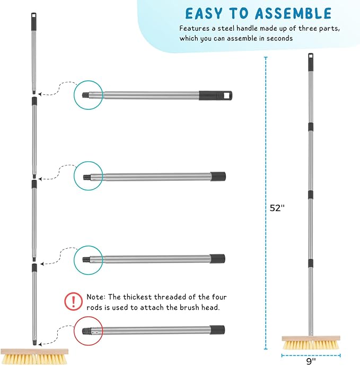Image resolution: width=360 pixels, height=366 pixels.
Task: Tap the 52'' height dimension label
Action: pyautogui.click(x=277, y=208)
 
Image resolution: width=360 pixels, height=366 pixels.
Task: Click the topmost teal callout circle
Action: pyautogui.click(x=87, y=95)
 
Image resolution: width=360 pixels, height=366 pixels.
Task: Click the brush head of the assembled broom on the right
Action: pyautogui.click(x=311, y=341)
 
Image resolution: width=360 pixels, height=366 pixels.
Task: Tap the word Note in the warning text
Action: pyautogui.click(x=95, y=297)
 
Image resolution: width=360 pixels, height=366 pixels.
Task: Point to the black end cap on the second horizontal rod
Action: pyautogui.click(x=218, y=176)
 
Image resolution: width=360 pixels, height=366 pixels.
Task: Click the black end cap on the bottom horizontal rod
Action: pyautogui.click(x=217, y=329)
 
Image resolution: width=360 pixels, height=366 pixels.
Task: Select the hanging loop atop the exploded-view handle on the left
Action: pyautogui.click(x=33, y=18)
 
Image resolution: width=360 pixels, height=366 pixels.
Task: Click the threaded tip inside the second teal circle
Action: pyautogui.click(x=88, y=177)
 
